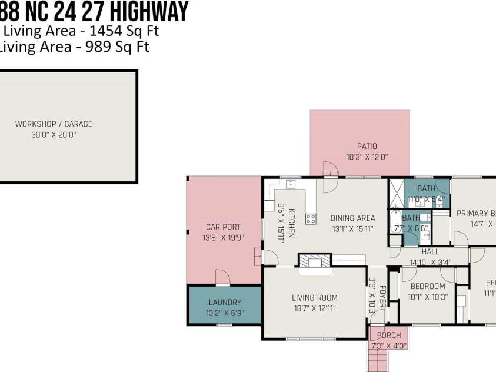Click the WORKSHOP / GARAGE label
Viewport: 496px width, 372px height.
(x=54, y=124)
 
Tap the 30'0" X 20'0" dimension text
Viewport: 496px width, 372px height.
(x=54, y=135)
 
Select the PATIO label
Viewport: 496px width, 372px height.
(x=367, y=146)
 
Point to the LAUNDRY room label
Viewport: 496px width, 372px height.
(x=225, y=302)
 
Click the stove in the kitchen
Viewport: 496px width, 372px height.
(x=311, y=219)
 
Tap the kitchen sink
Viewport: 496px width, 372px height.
(x=291, y=184)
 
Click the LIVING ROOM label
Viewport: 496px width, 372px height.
(x=315, y=298)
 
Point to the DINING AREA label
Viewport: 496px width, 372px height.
(x=352, y=218)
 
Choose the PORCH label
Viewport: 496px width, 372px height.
(x=389, y=336)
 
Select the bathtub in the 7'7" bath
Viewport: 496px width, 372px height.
(x=395, y=224)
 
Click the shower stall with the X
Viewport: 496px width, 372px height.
(x=396, y=192)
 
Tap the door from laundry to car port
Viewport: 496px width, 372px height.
(x=222, y=277)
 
